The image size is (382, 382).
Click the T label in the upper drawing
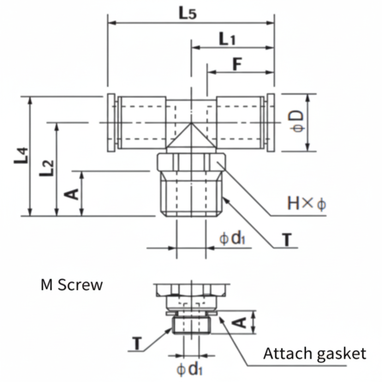coord(286,240)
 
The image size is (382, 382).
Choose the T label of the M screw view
coord(137,343)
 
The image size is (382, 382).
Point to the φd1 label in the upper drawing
coord(232,239)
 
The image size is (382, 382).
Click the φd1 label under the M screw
coord(190,370)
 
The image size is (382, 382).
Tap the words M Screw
coord(72,285)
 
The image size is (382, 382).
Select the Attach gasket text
coord(314,353)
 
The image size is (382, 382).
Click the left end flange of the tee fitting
coord(111,123)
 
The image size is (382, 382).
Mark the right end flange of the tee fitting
coord(271,123)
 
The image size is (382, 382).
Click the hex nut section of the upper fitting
coord(191,162)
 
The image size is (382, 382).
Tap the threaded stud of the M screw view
coord(191,324)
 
